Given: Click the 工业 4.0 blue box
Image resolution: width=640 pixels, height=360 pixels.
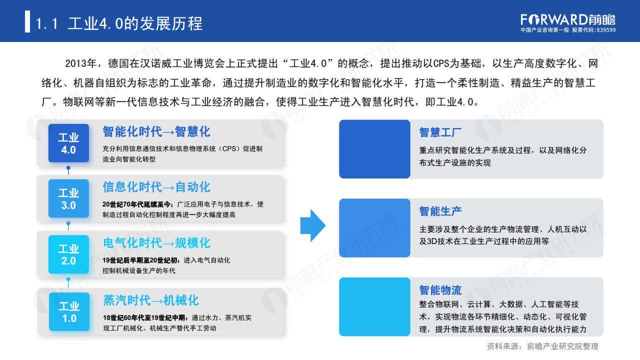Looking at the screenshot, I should [x=68, y=143].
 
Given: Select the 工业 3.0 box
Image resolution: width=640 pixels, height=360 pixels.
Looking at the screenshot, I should [x=68, y=198].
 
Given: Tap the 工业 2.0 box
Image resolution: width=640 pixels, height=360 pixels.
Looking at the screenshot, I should [x=68, y=254].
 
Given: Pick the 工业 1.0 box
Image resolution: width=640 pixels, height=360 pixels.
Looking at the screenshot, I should [x=68, y=311].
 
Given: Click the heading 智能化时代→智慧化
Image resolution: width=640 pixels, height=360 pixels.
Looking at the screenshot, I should [x=156, y=131].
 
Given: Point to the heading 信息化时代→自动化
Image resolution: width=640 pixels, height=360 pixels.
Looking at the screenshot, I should [x=156, y=187].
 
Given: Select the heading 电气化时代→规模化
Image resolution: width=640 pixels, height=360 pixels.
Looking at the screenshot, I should [x=156, y=243].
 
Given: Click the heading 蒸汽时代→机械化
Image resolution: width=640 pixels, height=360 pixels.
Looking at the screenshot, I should [x=150, y=300].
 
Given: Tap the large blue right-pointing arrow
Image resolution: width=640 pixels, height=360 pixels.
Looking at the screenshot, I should [x=313, y=225].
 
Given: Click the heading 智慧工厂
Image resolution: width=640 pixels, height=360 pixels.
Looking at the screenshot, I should [x=440, y=132].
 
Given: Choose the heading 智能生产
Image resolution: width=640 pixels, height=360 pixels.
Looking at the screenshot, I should [x=440, y=211].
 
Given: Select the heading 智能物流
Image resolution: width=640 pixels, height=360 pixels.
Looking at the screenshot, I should [x=440, y=290].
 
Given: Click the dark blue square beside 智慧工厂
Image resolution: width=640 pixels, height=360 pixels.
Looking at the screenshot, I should [x=374, y=149].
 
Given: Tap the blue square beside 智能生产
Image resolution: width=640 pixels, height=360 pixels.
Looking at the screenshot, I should [x=374, y=228].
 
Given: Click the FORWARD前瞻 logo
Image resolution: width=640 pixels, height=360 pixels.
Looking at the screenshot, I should [x=568, y=19].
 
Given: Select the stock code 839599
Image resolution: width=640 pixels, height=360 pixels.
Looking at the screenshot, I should [x=606, y=30].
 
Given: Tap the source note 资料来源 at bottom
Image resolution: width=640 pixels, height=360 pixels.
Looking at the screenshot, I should [x=542, y=346].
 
